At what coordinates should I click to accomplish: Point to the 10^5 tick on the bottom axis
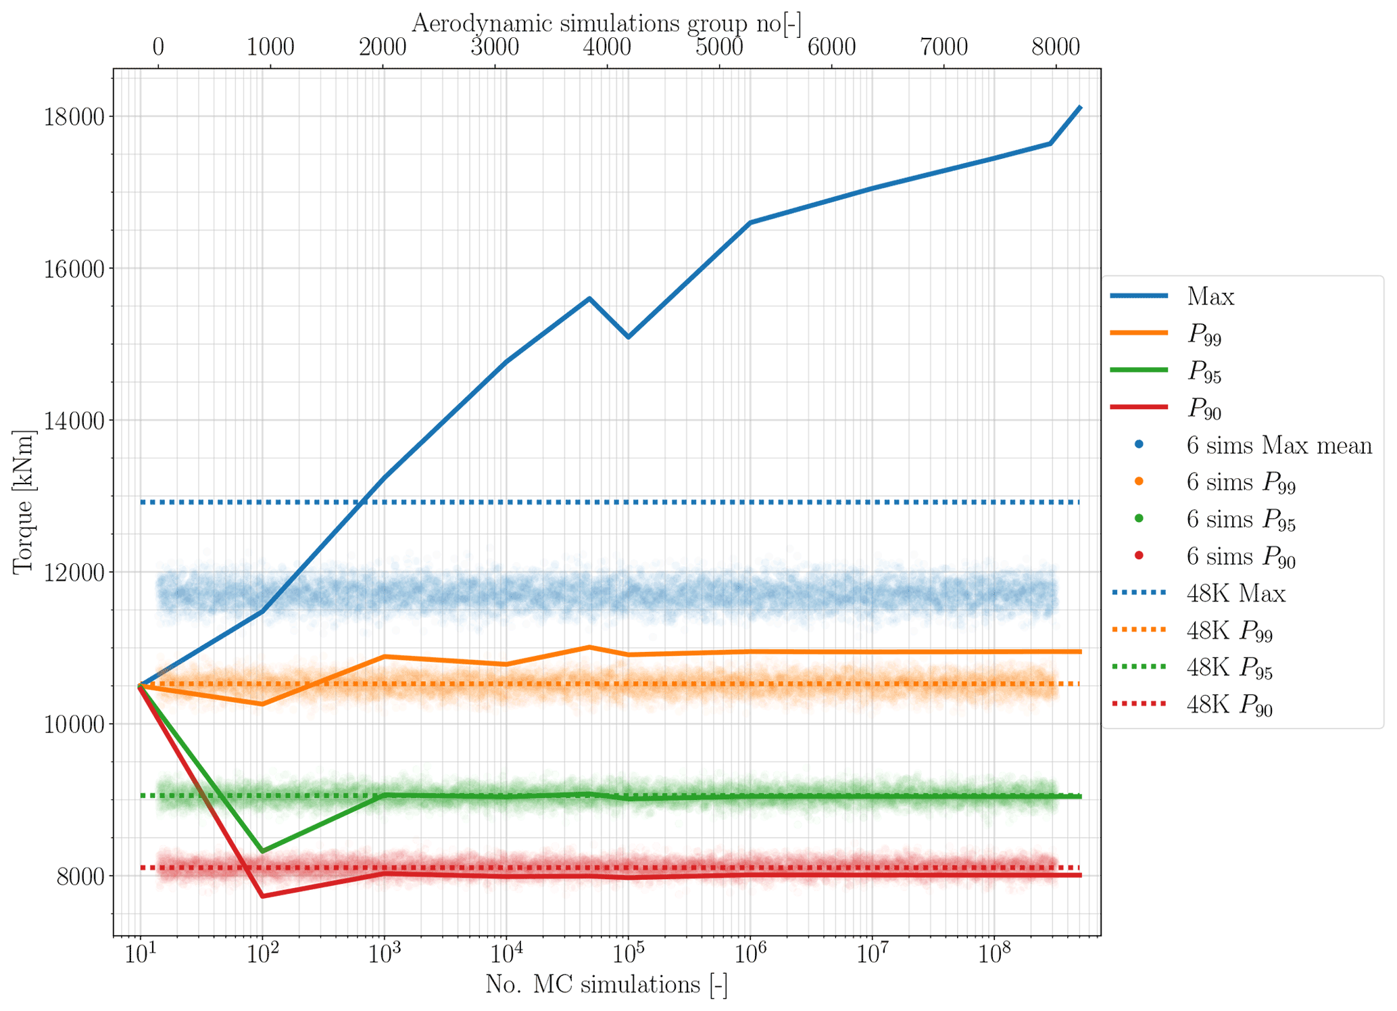click(628, 954)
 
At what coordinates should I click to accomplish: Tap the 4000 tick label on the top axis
click(606, 47)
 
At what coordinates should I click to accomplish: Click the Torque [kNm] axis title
click(23, 502)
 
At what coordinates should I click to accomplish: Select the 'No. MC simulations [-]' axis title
click(606, 985)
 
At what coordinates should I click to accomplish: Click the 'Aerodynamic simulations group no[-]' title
click(606, 23)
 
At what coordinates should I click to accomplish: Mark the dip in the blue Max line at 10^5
click(628, 337)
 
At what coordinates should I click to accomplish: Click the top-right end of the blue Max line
click(1081, 108)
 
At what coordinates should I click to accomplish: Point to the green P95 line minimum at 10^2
click(262, 851)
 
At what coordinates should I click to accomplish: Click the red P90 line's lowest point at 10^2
click(262, 896)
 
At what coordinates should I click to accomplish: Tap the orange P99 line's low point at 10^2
click(262, 704)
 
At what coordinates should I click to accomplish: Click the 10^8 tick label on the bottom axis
click(993, 954)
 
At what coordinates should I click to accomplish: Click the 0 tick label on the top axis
click(157, 47)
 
